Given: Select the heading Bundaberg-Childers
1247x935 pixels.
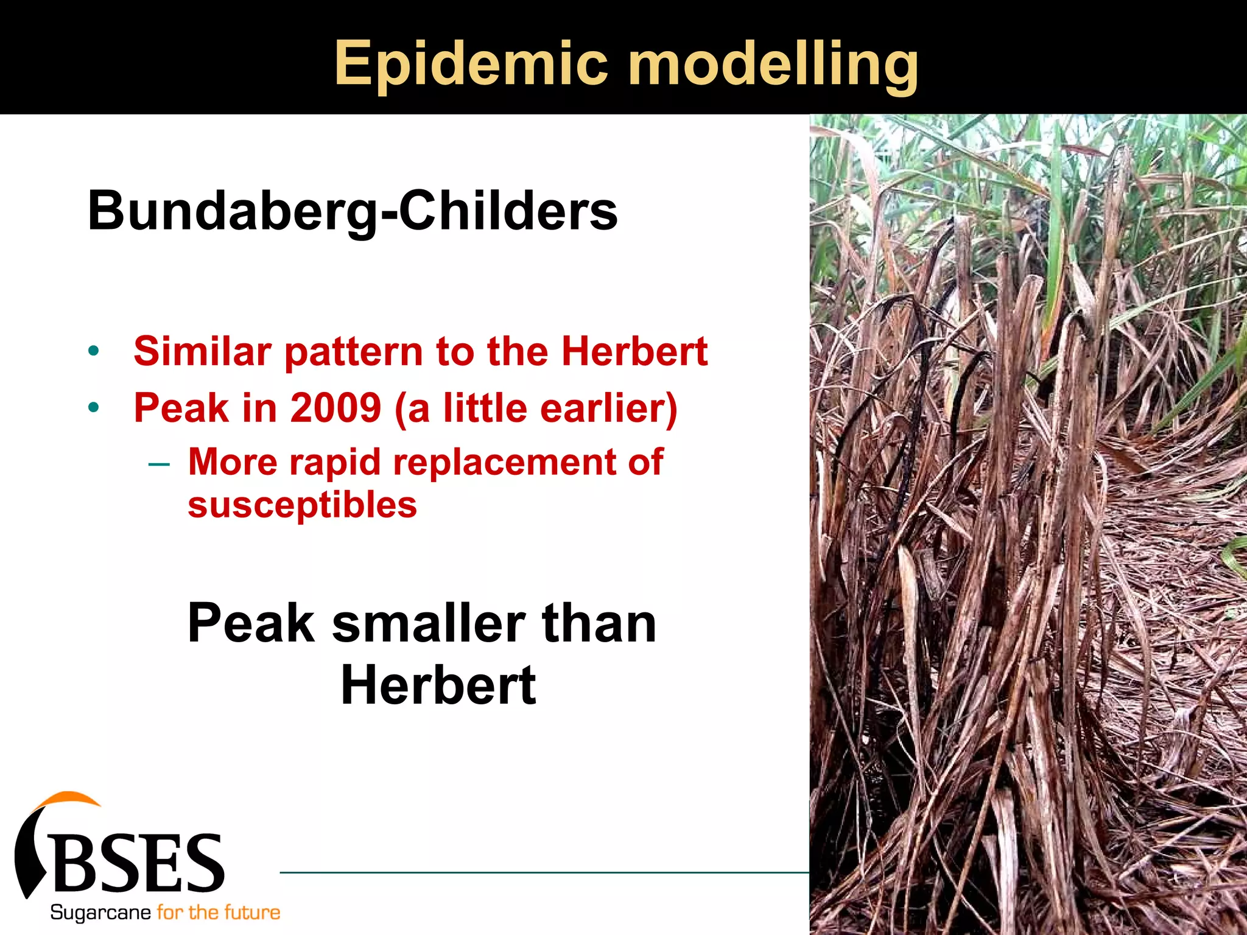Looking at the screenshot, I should pyautogui.click(x=353, y=211).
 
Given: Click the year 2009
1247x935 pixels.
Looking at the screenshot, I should pyautogui.click(x=335, y=407).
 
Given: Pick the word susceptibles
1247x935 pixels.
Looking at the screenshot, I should pyautogui.click(x=303, y=505).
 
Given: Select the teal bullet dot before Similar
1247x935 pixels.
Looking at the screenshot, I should pyautogui.click(x=93, y=351).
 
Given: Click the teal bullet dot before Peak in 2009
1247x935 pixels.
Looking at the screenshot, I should pyautogui.click(x=93, y=407).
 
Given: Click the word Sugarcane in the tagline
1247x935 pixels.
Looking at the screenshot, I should pyautogui.click(x=100, y=912).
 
